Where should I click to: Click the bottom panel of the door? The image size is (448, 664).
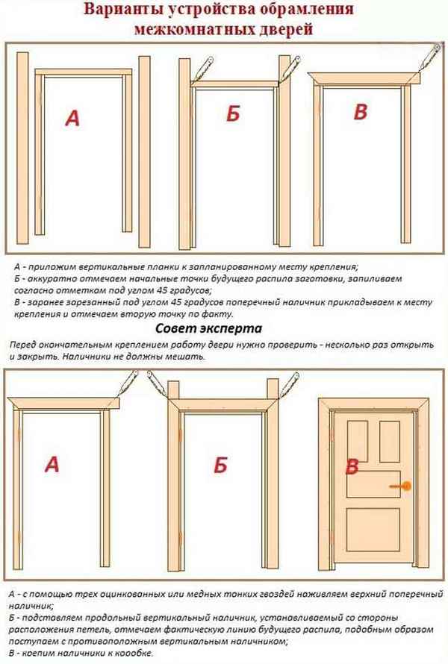[x=375, y=535]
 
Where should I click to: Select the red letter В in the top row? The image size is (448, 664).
[x=361, y=112]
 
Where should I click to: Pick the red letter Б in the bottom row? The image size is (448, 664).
[x=220, y=464]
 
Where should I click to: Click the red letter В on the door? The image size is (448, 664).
[x=352, y=468]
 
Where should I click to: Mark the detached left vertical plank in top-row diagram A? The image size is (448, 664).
[x=24, y=153]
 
